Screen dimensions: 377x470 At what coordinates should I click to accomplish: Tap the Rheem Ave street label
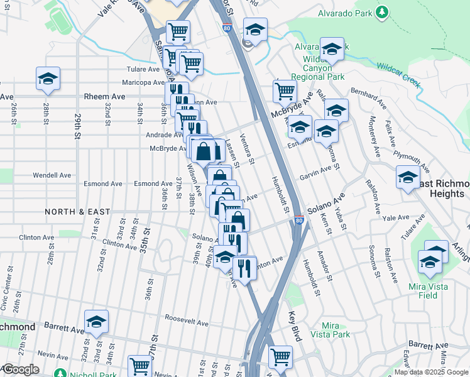[104, 97]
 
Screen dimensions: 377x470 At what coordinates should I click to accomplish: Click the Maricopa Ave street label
[126, 82]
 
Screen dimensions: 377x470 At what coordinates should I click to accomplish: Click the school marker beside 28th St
[48, 79]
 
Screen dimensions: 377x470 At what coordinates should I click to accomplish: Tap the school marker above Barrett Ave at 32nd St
[96, 322]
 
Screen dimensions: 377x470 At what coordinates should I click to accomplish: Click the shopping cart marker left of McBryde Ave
[285, 91]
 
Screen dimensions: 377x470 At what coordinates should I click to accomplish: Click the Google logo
[20, 369]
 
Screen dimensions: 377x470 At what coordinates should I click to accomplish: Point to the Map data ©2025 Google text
[431, 372]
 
